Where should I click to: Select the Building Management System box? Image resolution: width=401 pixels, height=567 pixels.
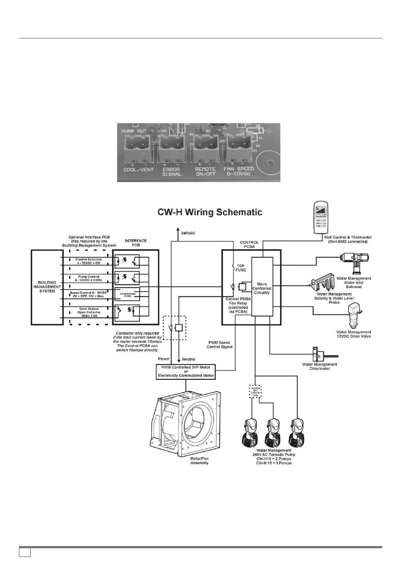[47, 287]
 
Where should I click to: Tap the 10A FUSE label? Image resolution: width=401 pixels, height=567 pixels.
[241, 268]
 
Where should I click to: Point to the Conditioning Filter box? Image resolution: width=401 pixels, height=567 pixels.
[128, 295]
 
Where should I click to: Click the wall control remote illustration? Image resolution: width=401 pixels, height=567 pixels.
[321, 217]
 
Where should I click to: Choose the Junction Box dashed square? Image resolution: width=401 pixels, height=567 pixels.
[255, 392]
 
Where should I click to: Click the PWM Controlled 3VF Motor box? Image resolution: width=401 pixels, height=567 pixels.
[186, 371]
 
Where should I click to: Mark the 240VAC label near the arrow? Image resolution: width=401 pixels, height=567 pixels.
[188, 233]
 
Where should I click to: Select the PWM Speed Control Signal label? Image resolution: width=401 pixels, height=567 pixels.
[219, 344]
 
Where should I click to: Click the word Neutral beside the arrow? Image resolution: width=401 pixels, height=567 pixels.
[188, 359]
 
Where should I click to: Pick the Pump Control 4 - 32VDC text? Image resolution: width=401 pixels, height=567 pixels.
[89, 278]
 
